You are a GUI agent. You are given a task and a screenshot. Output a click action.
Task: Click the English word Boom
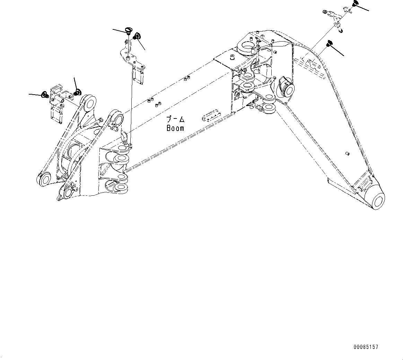click(x=175, y=128)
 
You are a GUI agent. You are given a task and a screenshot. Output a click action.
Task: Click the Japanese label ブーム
click(x=175, y=120)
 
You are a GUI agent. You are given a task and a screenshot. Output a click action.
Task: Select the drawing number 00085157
click(x=366, y=347)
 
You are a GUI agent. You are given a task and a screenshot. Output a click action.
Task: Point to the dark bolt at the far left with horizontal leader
click(x=44, y=94)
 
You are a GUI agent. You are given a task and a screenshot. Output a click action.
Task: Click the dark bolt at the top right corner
click(x=354, y=5)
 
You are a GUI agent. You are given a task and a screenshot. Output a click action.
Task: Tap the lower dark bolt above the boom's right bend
click(x=329, y=44)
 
